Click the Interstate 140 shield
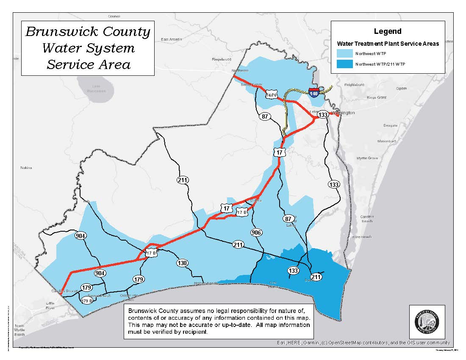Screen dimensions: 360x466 coord(314,93)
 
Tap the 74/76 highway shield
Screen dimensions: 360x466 coord(271,95)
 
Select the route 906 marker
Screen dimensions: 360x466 coord(256,233)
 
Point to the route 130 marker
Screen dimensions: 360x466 coord(182,263)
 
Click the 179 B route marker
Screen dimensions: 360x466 coord(87,301)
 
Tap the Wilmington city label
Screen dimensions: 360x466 coord(343,113)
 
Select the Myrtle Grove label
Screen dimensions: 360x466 coord(367,158)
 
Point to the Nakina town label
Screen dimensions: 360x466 coord(26,168)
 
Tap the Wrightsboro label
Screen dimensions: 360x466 coord(354,85)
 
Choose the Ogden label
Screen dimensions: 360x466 coord(401,89)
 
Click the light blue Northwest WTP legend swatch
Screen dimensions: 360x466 coord(345,54)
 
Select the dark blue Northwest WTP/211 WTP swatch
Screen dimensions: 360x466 coord(345,64)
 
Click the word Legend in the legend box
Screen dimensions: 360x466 coord(388,31)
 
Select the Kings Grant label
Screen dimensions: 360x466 coord(377,97)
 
